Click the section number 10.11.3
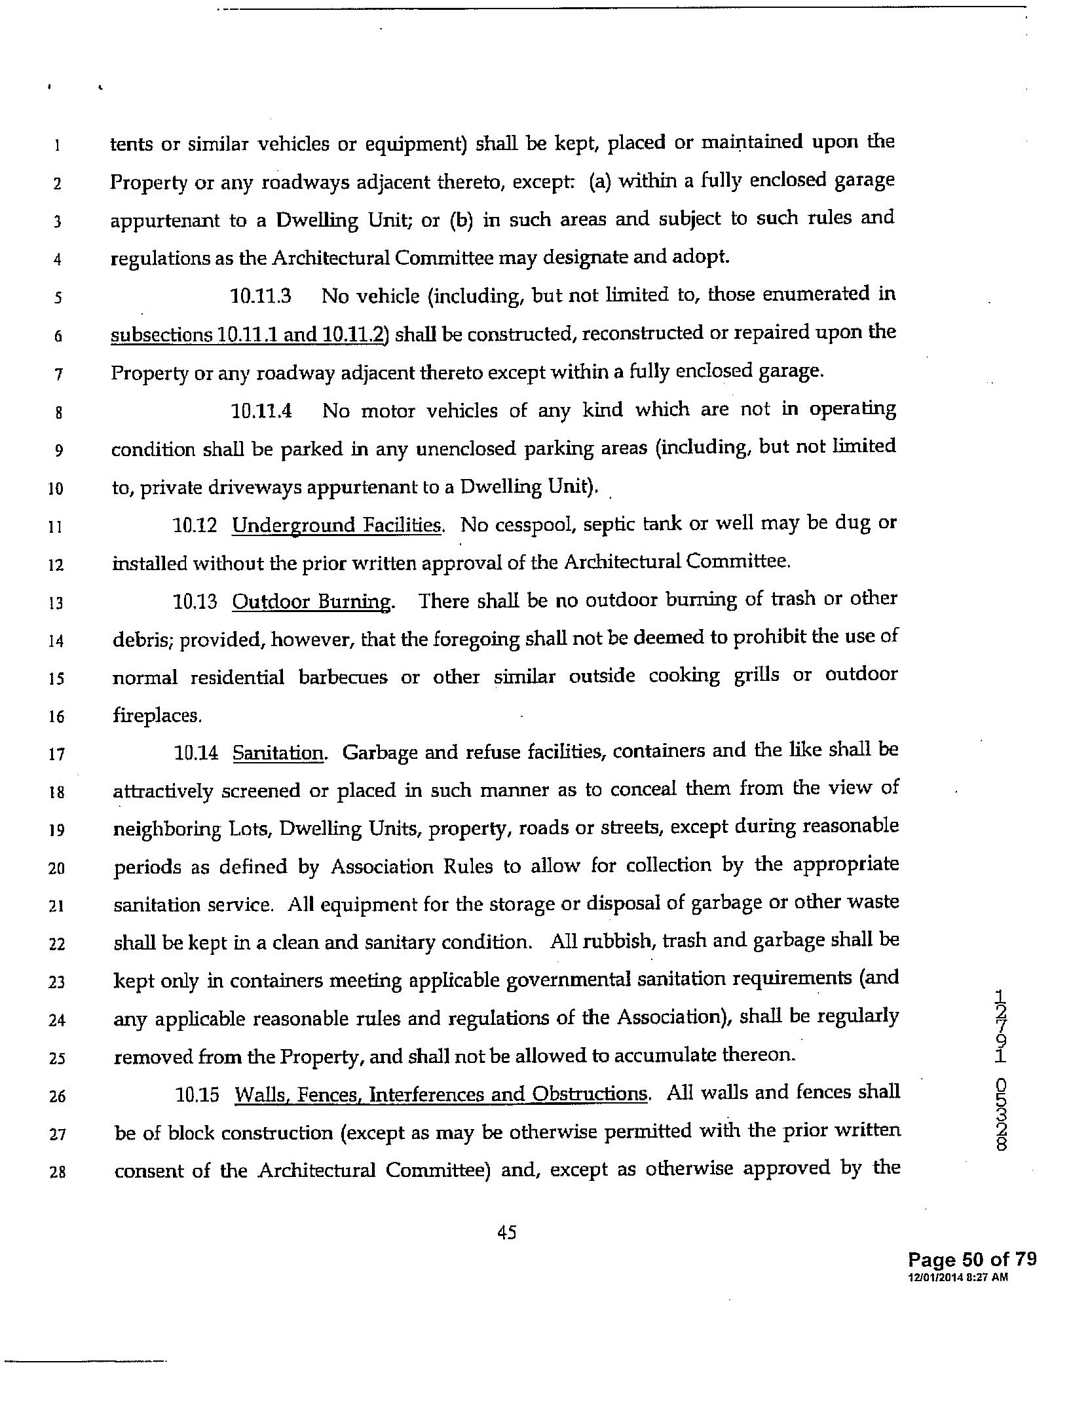click(x=260, y=296)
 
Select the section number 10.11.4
click(x=261, y=412)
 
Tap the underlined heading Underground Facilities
click(x=337, y=526)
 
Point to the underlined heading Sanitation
click(x=278, y=753)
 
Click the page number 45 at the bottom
click(x=507, y=1233)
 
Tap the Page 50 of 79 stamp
click(x=971, y=1259)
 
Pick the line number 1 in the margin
click(x=57, y=145)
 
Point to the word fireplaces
click(x=156, y=715)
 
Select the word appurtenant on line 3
click(x=164, y=220)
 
